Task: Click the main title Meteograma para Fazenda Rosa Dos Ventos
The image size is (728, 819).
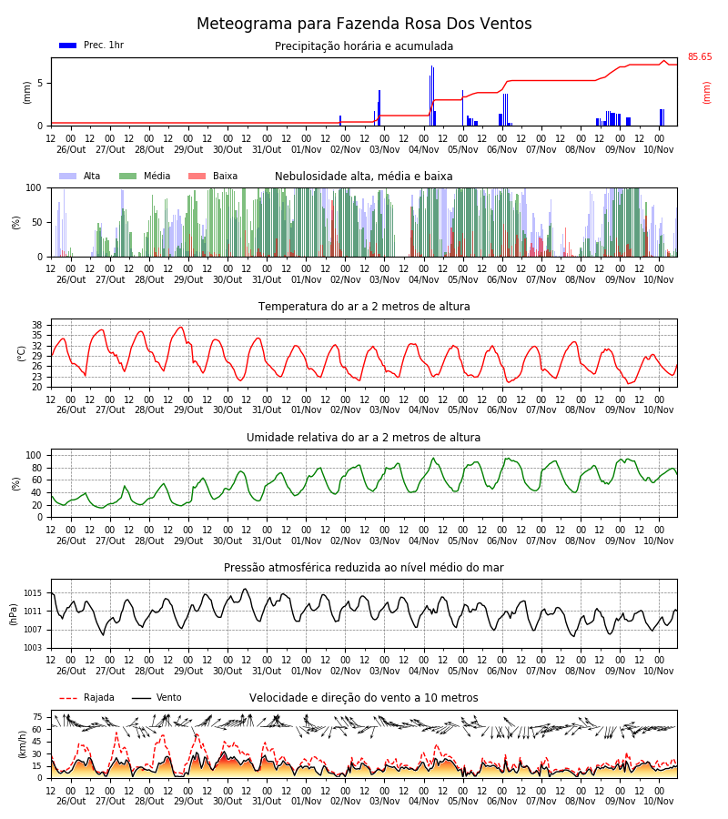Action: click(364, 24)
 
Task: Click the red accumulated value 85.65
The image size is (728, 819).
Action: click(699, 57)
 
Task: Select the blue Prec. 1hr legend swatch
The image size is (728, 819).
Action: click(68, 45)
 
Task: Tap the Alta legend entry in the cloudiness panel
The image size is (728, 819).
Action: click(80, 176)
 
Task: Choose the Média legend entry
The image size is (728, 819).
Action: click(145, 176)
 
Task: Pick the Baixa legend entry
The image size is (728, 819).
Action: click(213, 176)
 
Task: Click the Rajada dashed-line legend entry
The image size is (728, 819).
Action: click(86, 697)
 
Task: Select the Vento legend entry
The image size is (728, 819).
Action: click(157, 697)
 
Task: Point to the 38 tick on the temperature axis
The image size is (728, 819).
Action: click(37, 325)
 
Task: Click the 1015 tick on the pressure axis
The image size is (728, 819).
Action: click(33, 592)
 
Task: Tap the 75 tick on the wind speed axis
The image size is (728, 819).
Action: click(37, 717)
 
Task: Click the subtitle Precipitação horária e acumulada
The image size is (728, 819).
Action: click(364, 46)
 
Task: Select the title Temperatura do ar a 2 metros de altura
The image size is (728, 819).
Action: click(364, 307)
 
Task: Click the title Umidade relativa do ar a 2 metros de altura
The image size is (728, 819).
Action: click(363, 437)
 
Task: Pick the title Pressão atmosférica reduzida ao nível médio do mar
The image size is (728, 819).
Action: click(364, 567)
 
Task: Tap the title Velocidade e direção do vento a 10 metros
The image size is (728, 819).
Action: click(363, 698)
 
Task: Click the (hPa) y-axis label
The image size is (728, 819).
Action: click(14, 614)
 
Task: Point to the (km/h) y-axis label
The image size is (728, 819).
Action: click(22, 744)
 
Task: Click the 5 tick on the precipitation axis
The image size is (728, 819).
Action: click(40, 83)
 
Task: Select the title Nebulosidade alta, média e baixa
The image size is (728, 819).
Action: click(363, 177)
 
